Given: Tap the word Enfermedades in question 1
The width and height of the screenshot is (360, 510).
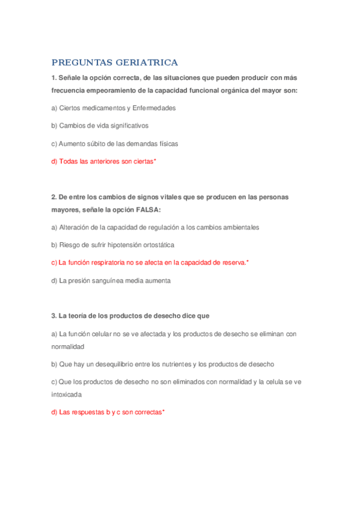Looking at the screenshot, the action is pyautogui.click(x=154, y=108).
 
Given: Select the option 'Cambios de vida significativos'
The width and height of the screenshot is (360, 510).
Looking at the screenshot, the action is pyautogui.click(x=100, y=126).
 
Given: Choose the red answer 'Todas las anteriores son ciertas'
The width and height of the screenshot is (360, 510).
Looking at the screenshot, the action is pyautogui.click(x=103, y=162).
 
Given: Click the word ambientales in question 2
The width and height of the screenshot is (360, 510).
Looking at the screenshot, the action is pyautogui.click(x=239, y=227).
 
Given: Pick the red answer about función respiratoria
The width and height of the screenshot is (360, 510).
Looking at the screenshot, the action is pyautogui.click(x=150, y=263).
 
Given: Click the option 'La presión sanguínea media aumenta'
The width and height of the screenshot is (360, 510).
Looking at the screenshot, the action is pyautogui.click(x=111, y=280).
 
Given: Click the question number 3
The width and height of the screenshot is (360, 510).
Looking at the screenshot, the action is pyautogui.click(x=53, y=316).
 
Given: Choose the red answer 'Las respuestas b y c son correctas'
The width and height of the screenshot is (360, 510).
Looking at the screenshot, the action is pyautogui.click(x=108, y=413).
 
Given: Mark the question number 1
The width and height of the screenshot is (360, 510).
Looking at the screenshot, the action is pyautogui.click(x=53, y=78).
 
